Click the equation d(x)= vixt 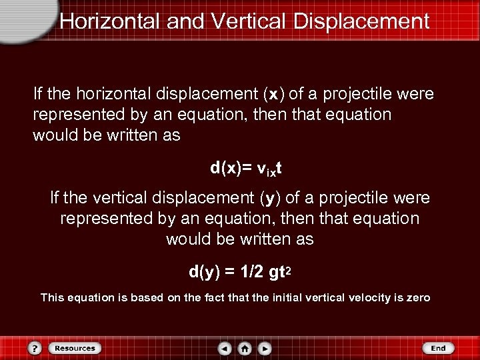[x=245, y=167]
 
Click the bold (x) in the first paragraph [x=273, y=94]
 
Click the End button [x=438, y=348]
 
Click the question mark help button [x=35, y=349]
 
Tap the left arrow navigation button [x=225, y=349]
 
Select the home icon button [x=245, y=349]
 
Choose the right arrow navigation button [x=265, y=349]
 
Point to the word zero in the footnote [x=418, y=297]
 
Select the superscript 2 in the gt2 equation [x=292, y=268]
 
